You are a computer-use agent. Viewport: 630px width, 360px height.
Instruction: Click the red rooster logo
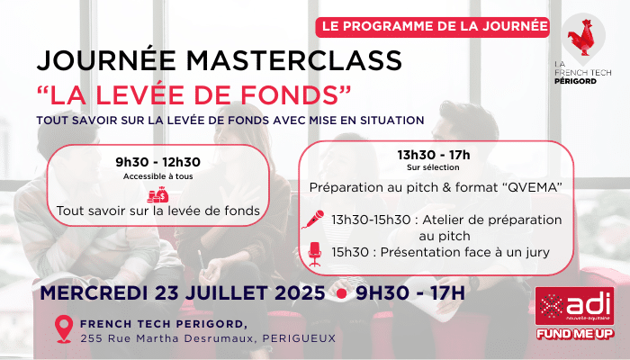[581, 37]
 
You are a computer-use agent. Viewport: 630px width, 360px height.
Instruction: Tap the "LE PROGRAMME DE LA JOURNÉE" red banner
[432, 27]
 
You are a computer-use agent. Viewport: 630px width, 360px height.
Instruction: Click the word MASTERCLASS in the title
[293, 60]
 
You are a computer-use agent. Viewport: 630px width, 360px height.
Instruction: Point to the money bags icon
[157, 194]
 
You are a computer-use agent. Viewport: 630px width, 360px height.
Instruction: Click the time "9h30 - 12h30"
[157, 162]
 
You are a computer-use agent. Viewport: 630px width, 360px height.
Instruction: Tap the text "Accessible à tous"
[157, 176]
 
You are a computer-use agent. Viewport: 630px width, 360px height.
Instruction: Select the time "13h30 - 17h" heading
[434, 155]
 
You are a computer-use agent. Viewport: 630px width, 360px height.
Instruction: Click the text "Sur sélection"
[433, 167]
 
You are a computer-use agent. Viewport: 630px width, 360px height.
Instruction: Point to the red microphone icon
[313, 220]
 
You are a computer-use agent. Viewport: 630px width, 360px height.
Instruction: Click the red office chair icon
[315, 255]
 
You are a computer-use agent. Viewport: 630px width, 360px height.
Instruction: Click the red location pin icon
[64, 328]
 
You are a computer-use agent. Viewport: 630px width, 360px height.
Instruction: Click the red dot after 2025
[341, 293]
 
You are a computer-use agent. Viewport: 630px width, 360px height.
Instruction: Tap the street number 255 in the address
[90, 338]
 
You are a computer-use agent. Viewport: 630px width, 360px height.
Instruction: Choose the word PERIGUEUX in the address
[299, 338]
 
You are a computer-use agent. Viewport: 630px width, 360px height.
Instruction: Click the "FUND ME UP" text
[575, 334]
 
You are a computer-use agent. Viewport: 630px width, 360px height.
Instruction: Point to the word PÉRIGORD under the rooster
[575, 81]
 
